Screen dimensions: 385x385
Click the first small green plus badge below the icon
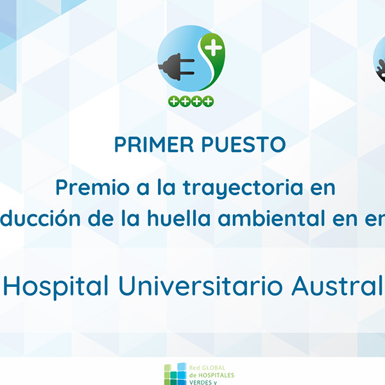pos(172,101)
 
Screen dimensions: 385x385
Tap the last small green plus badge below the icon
pos(209,101)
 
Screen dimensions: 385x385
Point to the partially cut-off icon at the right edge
pos(379,61)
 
